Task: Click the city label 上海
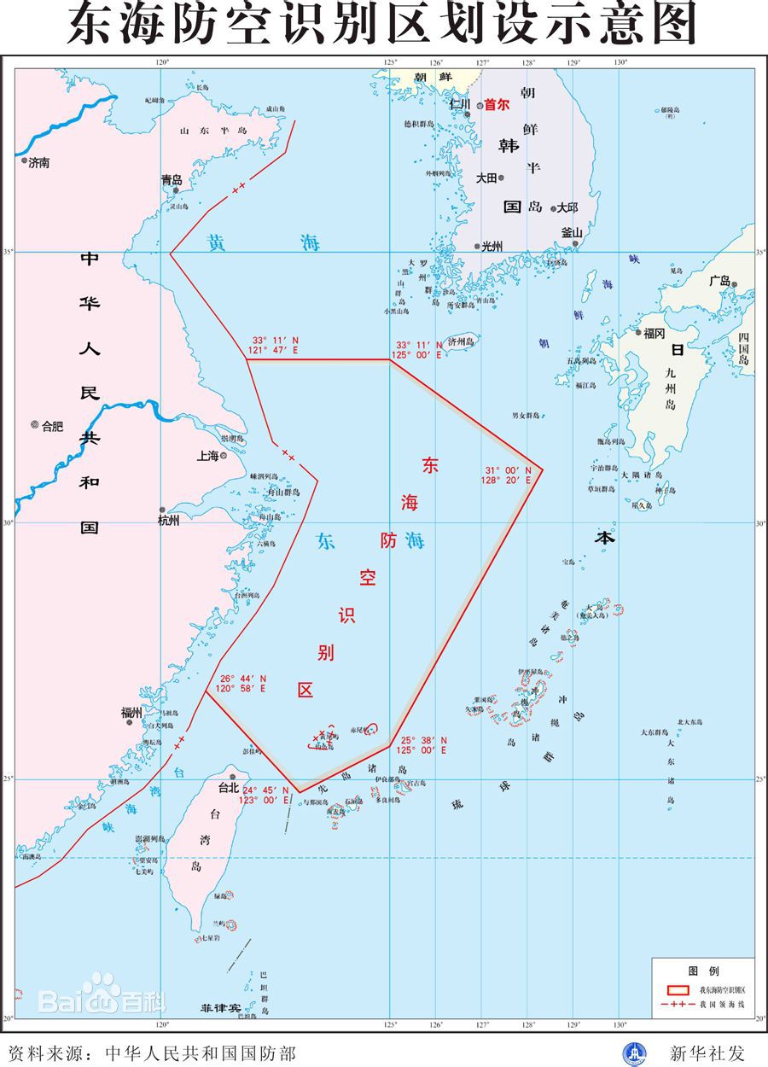pos(207,456)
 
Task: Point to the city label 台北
pos(229,788)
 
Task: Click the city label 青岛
pos(172,180)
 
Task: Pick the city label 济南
pos(38,162)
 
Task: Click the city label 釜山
pos(572,232)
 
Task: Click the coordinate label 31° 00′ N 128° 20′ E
pos(509,475)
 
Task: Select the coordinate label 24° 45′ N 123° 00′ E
pos(265,795)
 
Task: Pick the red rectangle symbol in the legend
pos(677,990)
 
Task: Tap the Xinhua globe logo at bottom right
pos(634,1053)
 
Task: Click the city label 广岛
pos(719,280)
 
